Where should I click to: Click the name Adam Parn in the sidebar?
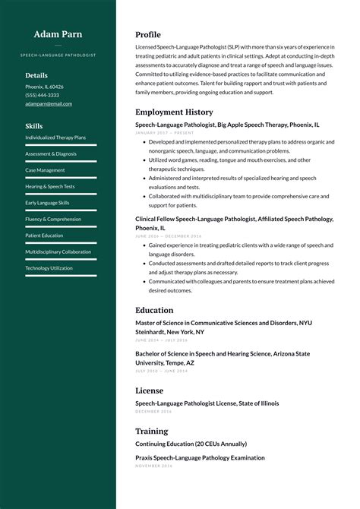(x=58, y=34)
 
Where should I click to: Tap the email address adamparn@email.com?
(x=49, y=103)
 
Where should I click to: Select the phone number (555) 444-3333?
(x=42, y=95)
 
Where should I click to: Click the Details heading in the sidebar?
(x=36, y=75)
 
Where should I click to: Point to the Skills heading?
(x=33, y=126)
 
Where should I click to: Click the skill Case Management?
(x=45, y=170)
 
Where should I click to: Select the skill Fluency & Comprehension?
(x=53, y=219)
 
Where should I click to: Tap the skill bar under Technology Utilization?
(x=61, y=276)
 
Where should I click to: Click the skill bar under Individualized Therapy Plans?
(x=61, y=145)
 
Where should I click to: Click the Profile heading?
(x=148, y=35)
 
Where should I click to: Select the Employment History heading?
(x=174, y=112)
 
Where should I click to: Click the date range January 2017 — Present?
(x=164, y=132)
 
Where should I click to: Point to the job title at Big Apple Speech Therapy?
(x=227, y=124)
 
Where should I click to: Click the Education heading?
(x=154, y=310)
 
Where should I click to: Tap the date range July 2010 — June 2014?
(x=161, y=371)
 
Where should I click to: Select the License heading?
(x=149, y=390)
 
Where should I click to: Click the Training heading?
(x=151, y=431)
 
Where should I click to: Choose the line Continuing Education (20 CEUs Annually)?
(x=191, y=444)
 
